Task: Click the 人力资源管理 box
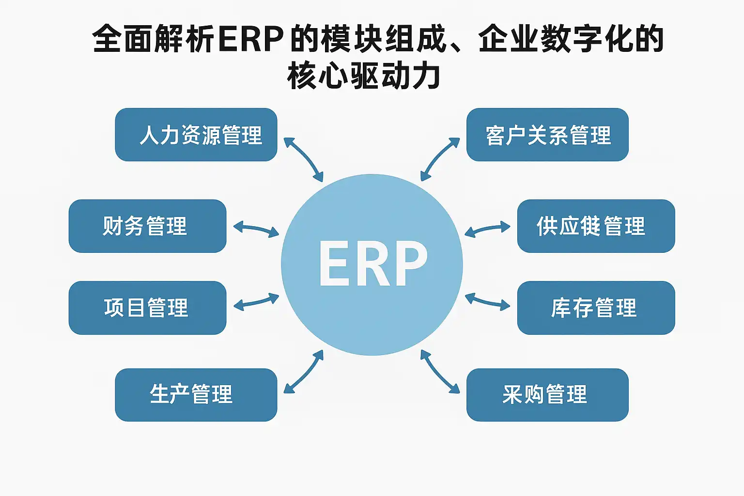tap(196, 135)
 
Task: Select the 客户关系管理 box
tap(547, 135)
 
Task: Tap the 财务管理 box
tap(147, 226)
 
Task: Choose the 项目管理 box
tap(147, 308)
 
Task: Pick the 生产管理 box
tap(196, 395)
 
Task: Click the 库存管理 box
tap(596, 308)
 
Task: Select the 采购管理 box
tap(547, 395)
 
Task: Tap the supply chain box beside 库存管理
tap(596, 226)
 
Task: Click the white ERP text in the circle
tap(372, 264)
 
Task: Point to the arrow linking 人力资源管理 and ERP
tap(303, 159)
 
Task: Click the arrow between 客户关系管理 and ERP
tap(440, 159)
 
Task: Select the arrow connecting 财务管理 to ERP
tap(256, 229)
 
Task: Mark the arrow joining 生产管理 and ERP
tap(303, 372)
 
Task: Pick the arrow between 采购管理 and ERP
tap(440, 372)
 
